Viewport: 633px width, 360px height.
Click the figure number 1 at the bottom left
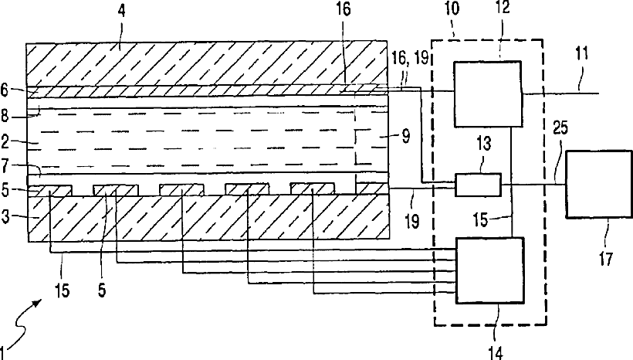6,349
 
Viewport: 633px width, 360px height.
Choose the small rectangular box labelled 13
478,185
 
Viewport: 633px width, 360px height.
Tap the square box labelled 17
598,184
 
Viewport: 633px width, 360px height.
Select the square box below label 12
486,94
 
